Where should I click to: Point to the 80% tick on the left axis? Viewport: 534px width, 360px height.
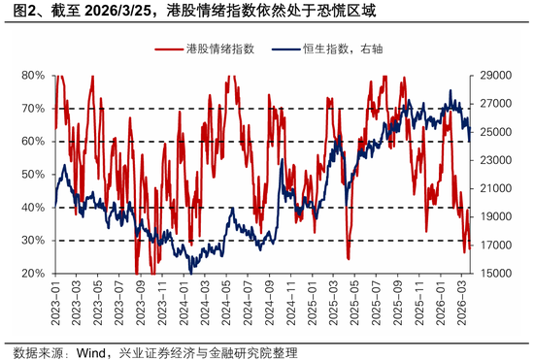pyautogui.click(x=33, y=75)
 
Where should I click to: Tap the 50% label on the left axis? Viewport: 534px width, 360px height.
pyautogui.click(x=33, y=175)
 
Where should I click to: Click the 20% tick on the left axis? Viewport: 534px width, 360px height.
pyautogui.click(x=33, y=274)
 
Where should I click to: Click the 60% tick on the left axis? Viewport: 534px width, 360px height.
pyautogui.click(x=33, y=142)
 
